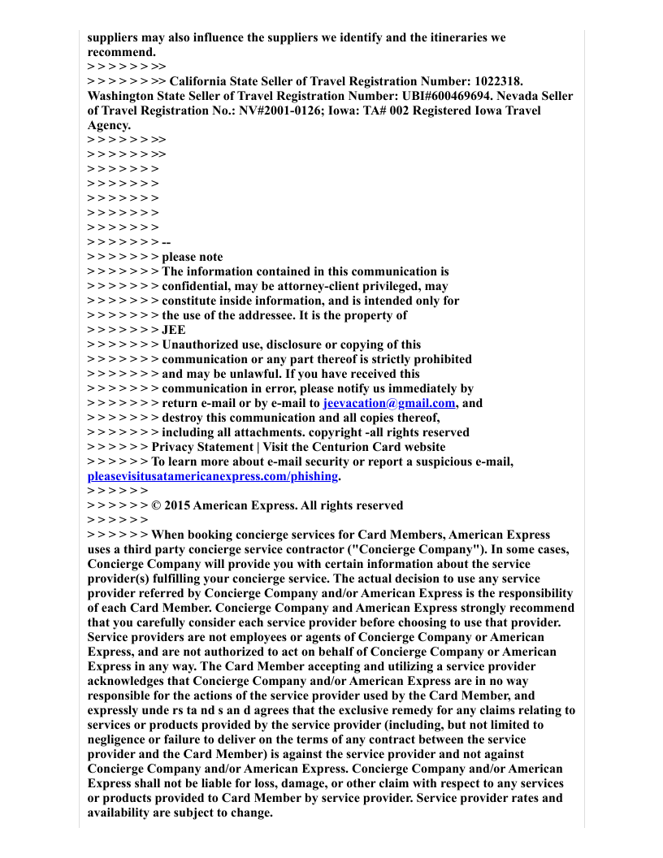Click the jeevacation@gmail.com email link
coord(389,403)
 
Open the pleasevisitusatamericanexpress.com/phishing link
coord(212,476)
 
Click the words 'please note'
coord(193,257)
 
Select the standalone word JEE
coord(173,330)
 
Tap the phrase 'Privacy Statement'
coord(202,447)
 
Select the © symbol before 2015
coord(156,505)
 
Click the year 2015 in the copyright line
coord(178,505)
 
